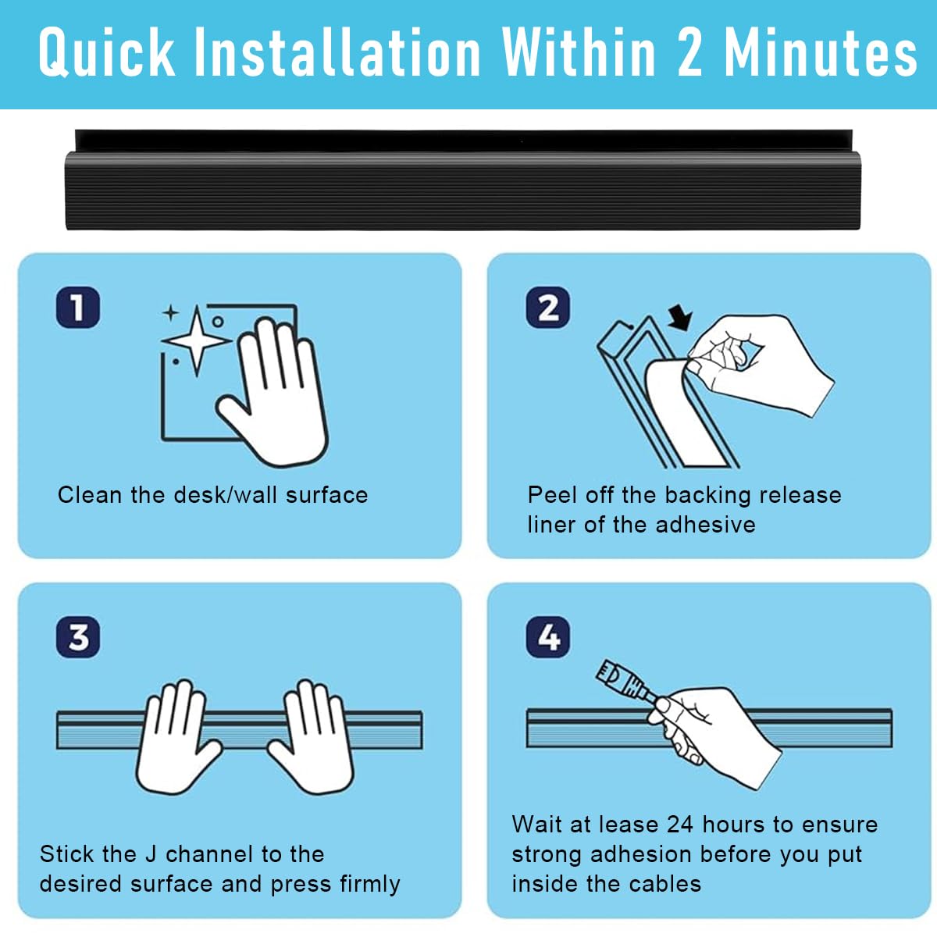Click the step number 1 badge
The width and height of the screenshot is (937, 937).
(78, 308)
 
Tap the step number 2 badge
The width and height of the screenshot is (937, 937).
(547, 308)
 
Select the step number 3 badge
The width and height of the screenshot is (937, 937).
(78, 637)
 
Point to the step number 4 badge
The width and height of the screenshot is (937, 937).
(547, 637)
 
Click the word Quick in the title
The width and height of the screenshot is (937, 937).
(106, 52)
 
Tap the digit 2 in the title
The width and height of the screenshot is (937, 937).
(689, 52)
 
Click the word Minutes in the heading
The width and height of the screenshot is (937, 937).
(821, 52)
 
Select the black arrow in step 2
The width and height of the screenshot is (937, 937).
(681, 318)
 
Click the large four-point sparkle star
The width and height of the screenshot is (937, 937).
(197, 340)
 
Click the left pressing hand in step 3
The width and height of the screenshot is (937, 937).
(174, 736)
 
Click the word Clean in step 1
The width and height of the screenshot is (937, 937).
(90, 495)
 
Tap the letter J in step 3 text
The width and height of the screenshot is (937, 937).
(151, 854)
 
